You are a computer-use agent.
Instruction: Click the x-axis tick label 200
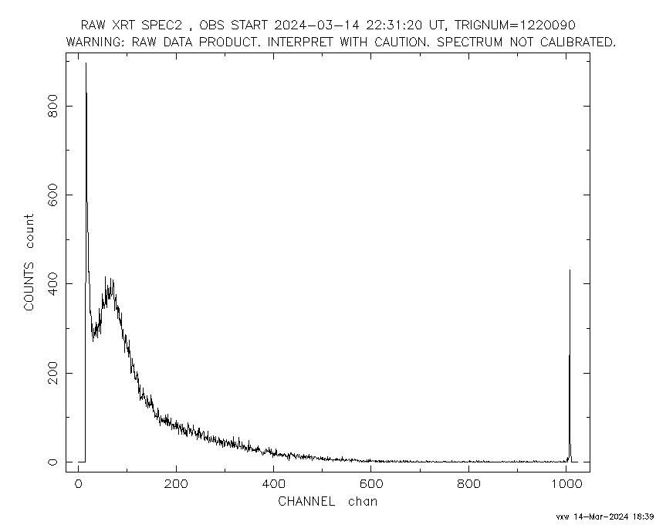pyautogui.click(x=176, y=484)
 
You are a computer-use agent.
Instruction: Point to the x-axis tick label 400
pyautogui.click(x=274, y=484)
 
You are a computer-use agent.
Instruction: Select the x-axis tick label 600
pyautogui.click(x=371, y=484)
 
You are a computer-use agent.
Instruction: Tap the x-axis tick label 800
pyautogui.click(x=468, y=484)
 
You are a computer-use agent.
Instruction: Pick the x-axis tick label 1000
pyautogui.click(x=566, y=484)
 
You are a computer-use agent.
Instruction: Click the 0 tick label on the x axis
pyautogui.click(x=79, y=484)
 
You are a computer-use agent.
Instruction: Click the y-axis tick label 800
pyautogui.click(x=52, y=106)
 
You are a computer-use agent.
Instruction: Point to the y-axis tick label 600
pyautogui.click(x=52, y=195)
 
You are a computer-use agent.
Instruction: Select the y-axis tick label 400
pyautogui.click(x=52, y=283)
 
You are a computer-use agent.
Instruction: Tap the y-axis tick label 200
pyautogui.click(x=52, y=373)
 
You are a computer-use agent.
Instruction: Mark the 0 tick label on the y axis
pyautogui.click(x=52, y=462)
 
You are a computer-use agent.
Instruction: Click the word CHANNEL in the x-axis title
pyautogui.click(x=306, y=502)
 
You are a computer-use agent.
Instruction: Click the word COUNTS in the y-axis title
pyautogui.click(x=29, y=286)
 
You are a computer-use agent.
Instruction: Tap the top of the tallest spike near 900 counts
pyautogui.click(x=86, y=63)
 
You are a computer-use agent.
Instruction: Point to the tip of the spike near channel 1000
pyautogui.click(x=570, y=270)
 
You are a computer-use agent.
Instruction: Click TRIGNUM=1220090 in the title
pyautogui.click(x=515, y=25)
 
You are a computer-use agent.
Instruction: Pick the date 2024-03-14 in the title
pyautogui.click(x=316, y=25)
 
